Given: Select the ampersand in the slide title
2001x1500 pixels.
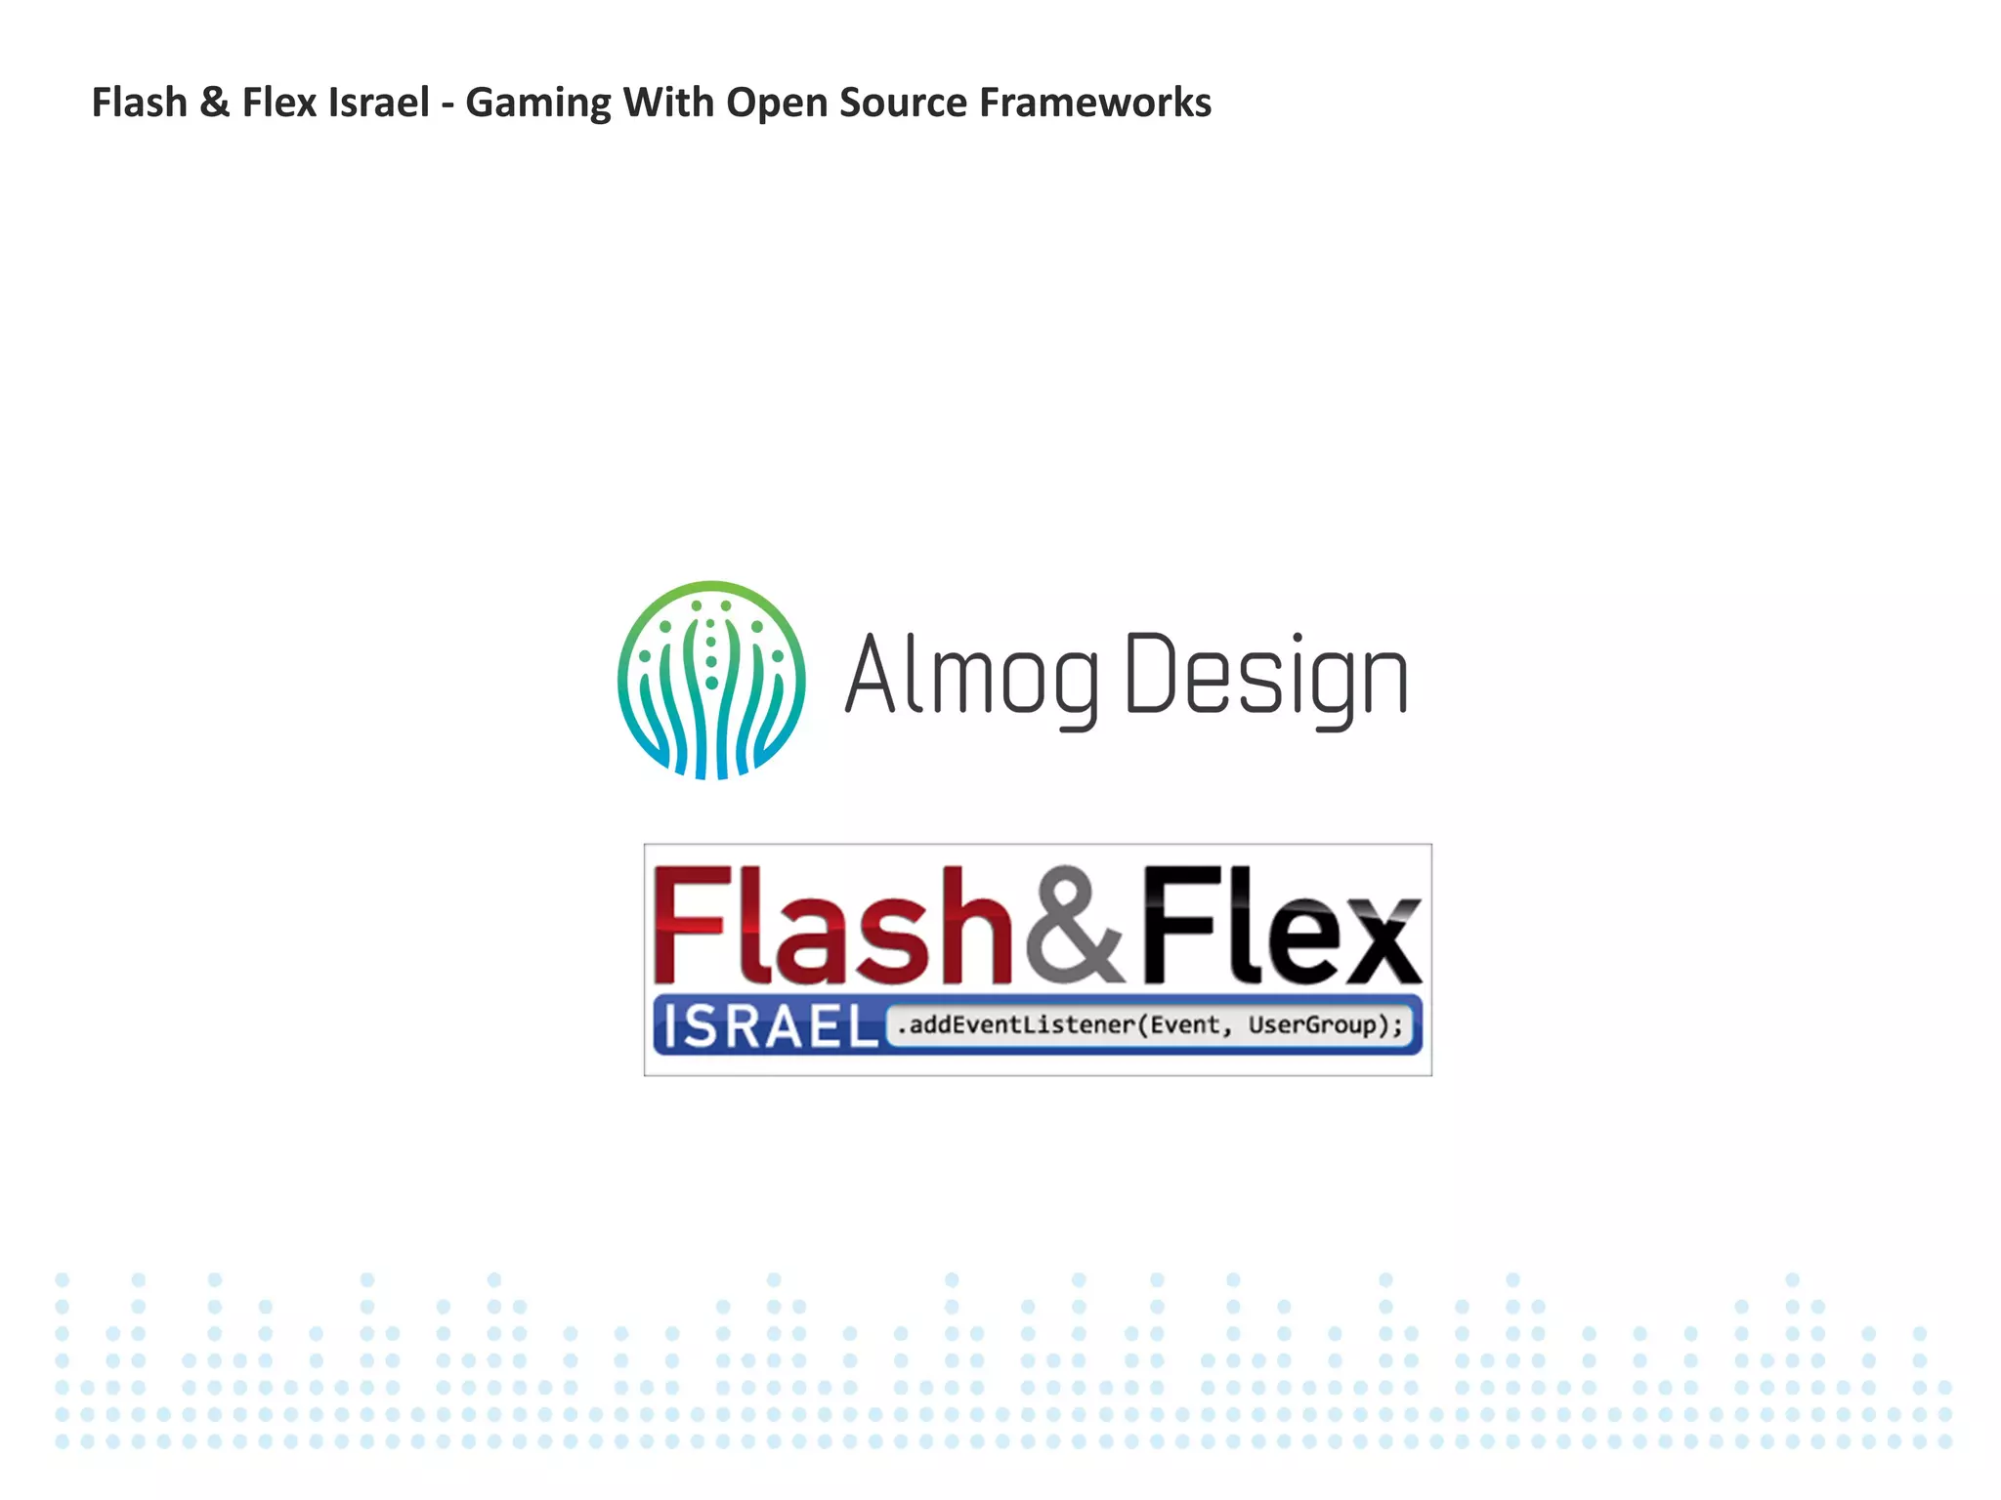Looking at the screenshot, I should coord(214,103).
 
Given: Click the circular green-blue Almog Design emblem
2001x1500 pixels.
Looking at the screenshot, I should coord(711,680).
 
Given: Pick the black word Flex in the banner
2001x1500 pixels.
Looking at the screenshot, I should coord(1281,925).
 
